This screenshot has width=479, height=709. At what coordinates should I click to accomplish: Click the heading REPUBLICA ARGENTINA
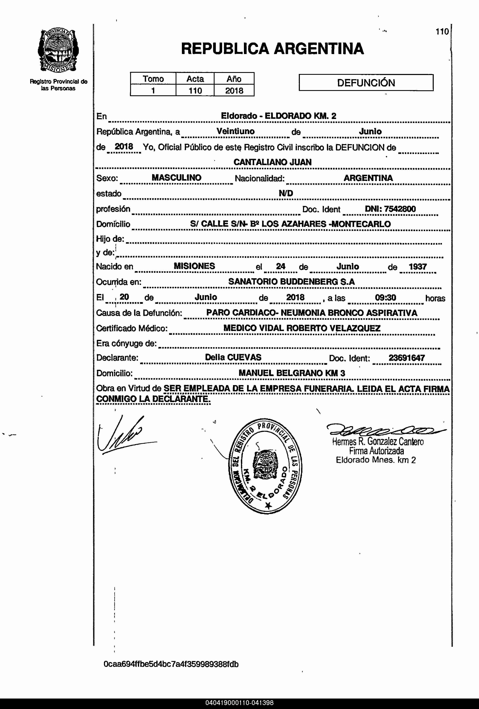[272, 49]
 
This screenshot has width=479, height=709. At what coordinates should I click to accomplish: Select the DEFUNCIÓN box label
[366, 83]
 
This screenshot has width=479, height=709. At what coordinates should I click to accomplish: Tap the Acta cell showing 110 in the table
[195, 91]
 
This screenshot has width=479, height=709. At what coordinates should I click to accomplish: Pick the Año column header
[234, 79]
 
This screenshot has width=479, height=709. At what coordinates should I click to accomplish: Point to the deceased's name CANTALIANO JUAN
[272, 162]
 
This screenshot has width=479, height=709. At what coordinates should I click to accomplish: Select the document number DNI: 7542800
[390, 209]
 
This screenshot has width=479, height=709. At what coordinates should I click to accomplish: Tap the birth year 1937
[417, 267]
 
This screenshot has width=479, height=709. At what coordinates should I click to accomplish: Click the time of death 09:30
[385, 298]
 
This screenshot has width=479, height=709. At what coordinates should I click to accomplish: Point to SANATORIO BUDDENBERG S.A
[291, 282]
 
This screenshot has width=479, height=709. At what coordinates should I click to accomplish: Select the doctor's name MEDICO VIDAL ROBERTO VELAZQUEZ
[302, 328]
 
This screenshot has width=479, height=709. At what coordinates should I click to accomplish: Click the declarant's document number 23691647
[406, 358]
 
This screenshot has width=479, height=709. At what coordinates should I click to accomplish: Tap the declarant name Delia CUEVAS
[233, 357]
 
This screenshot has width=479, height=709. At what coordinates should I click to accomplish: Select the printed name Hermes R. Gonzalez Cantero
[378, 441]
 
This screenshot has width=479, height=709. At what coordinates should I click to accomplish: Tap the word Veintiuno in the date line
[236, 132]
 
